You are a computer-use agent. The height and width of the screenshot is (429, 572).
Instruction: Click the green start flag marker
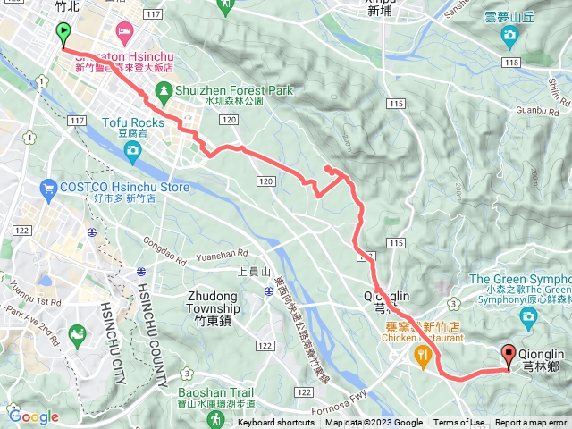63,34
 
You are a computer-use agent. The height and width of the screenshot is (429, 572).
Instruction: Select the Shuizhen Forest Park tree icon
163,90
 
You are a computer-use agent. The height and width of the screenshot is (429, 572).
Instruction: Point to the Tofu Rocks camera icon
132,149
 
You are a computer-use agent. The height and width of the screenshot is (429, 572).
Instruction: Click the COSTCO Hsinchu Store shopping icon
48,188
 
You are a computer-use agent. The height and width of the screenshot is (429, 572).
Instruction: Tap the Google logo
33,416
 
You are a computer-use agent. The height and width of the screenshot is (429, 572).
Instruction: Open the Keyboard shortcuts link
276,423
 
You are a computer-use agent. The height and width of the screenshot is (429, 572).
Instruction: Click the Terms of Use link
459,423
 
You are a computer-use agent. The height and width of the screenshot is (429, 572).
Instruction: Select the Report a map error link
532,423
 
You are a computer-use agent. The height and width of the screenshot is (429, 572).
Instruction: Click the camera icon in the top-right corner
509,37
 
